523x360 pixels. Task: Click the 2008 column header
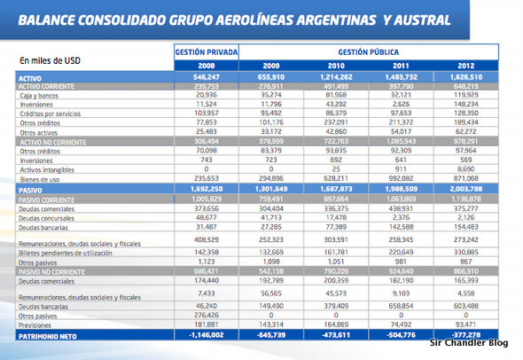[x=206, y=65]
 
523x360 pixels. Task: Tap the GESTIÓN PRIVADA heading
[x=206, y=52]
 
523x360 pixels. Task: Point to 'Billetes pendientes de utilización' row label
[x=80, y=253]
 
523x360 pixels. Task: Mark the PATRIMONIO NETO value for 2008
[x=206, y=335]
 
